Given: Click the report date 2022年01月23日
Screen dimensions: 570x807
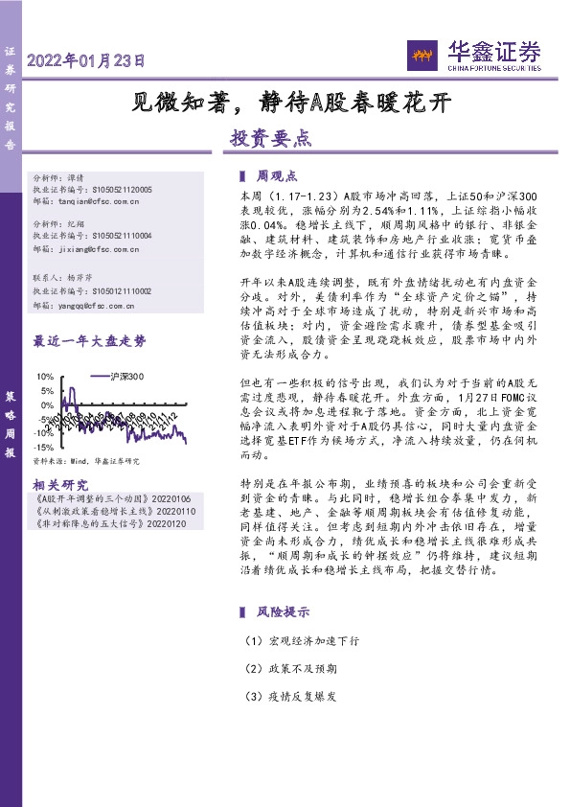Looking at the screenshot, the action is (x=87, y=60).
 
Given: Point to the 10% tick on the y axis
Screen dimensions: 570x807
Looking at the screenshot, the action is (x=44, y=377).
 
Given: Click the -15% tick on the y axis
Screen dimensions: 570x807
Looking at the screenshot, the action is (x=43, y=448).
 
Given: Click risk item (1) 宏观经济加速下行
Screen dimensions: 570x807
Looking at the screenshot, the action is (x=291, y=640).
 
